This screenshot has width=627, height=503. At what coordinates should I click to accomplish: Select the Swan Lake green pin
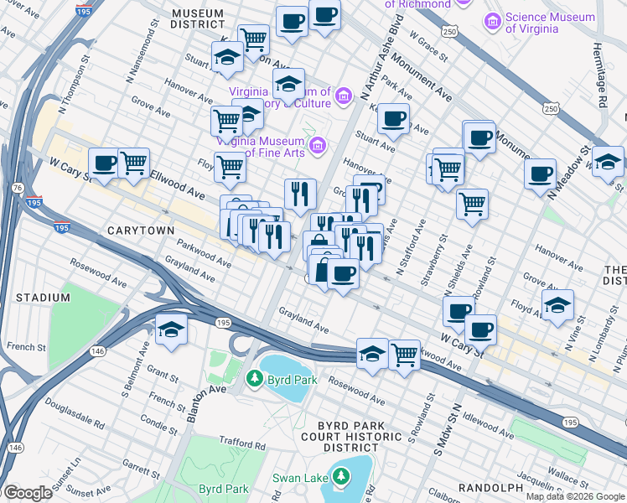[x=340, y=478]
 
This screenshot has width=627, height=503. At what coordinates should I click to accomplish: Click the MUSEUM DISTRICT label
[x=197, y=19]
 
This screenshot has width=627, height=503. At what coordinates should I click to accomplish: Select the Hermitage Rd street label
[x=601, y=75]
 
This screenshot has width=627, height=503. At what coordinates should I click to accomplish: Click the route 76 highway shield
[x=18, y=189]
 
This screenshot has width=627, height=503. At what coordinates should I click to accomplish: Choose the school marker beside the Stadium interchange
[x=171, y=329]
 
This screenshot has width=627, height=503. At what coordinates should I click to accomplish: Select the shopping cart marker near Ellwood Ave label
[x=133, y=162]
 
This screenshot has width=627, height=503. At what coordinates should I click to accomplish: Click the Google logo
[x=28, y=493]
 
